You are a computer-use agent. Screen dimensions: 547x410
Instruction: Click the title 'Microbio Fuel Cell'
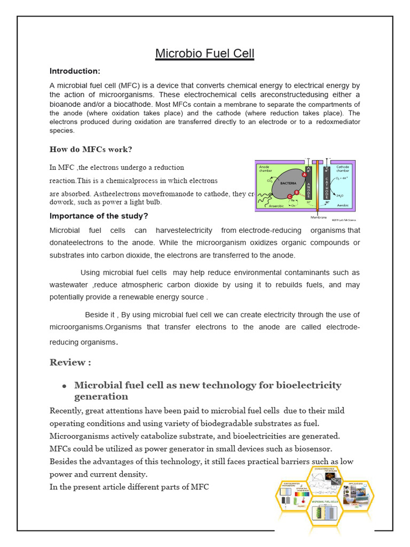pyautogui.click(x=205, y=53)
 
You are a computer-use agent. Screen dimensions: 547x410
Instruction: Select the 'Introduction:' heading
pyautogui.click(x=75, y=71)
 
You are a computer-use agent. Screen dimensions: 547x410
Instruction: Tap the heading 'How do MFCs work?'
pyautogui.click(x=91, y=149)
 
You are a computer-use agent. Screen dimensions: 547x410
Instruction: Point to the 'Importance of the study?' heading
pyautogui.click(x=99, y=216)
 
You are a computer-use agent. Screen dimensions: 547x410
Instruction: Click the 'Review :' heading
pyautogui.click(x=70, y=362)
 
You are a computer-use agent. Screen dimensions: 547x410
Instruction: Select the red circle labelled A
pyautogui.click(x=305, y=174)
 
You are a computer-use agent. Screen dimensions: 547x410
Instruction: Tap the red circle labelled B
pyautogui.click(x=296, y=193)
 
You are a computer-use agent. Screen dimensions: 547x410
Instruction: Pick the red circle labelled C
pyautogui.click(x=289, y=197)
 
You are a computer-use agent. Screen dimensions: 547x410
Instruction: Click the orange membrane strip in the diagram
pyautogui.click(x=317, y=187)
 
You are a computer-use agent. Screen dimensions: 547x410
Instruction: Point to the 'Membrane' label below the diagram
pyautogui.click(x=319, y=217)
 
